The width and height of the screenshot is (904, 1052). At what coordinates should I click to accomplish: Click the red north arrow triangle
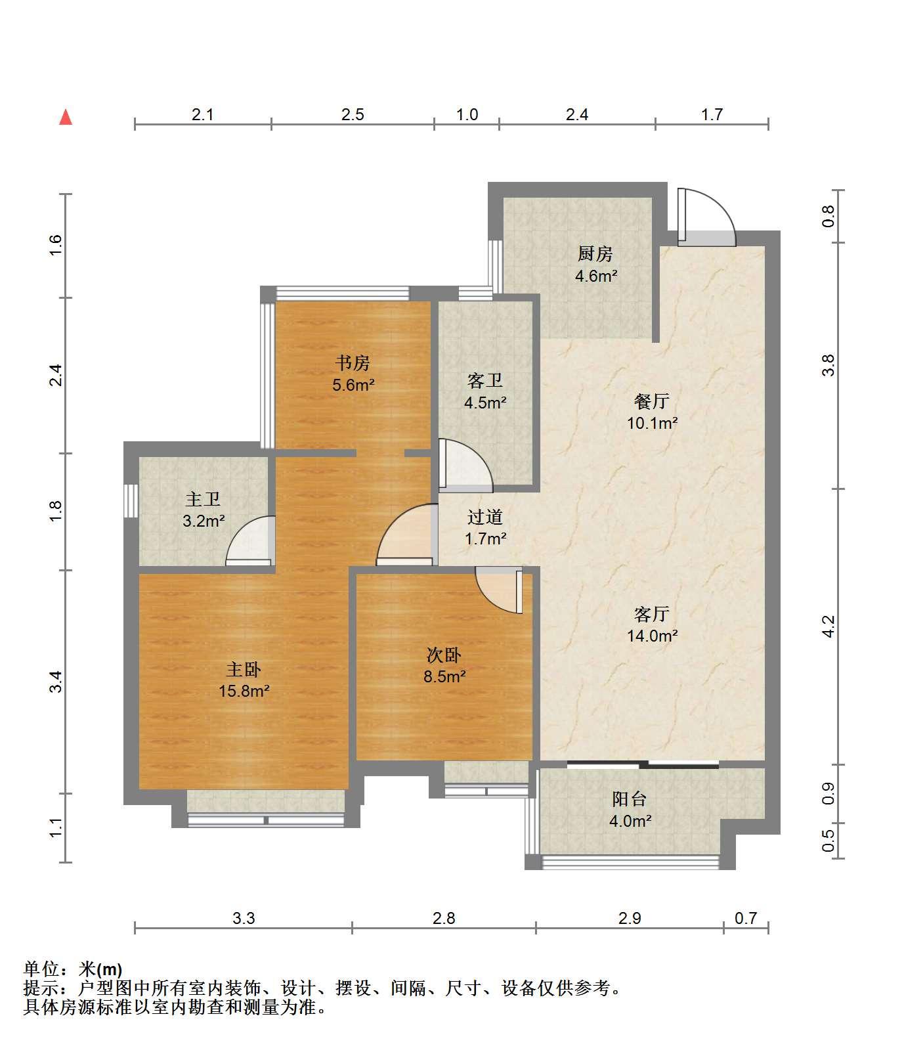(x=66, y=118)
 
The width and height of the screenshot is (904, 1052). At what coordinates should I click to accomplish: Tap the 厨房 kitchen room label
(x=595, y=253)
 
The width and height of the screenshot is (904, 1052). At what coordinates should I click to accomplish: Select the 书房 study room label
(x=353, y=362)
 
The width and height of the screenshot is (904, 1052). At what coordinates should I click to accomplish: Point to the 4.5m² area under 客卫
(x=485, y=403)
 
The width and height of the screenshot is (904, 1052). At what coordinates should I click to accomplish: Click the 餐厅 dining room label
(x=652, y=401)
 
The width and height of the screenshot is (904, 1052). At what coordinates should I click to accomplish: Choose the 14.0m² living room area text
(x=652, y=636)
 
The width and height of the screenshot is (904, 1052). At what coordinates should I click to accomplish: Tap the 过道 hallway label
(x=485, y=517)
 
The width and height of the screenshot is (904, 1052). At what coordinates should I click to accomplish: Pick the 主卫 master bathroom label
(x=203, y=499)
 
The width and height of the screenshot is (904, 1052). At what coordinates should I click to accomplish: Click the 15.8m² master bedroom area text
(x=244, y=691)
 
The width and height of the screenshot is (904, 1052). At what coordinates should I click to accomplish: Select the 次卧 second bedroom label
(x=444, y=655)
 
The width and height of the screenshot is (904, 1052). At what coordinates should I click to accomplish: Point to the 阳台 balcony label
(x=630, y=799)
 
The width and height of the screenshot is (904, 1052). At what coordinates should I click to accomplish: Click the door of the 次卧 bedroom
(x=499, y=590)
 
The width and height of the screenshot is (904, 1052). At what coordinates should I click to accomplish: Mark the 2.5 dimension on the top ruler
(x=353, y=115)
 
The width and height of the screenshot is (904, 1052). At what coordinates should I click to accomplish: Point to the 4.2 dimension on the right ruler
(x=829, y=626)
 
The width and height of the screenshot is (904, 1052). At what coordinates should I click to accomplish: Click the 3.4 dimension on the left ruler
(x=57, y=682)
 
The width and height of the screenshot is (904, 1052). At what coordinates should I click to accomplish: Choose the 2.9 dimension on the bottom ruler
(x=630, y=917)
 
